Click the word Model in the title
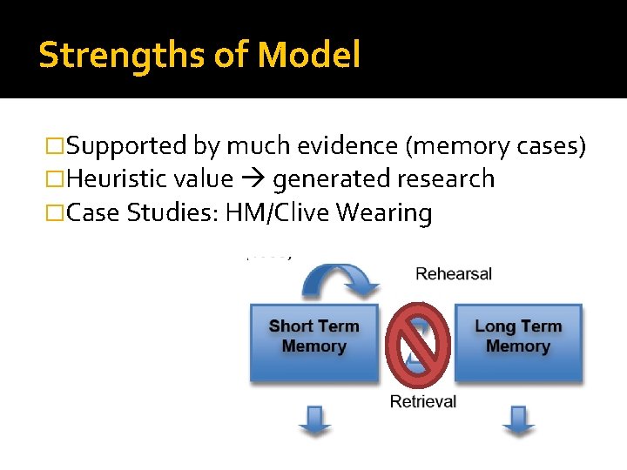(x=308, y=55)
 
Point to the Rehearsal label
(x=454, y=273)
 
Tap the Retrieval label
(x=423, y=401)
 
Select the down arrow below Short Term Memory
(x=314, y=420)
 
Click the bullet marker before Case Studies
(x=56, y=213)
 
